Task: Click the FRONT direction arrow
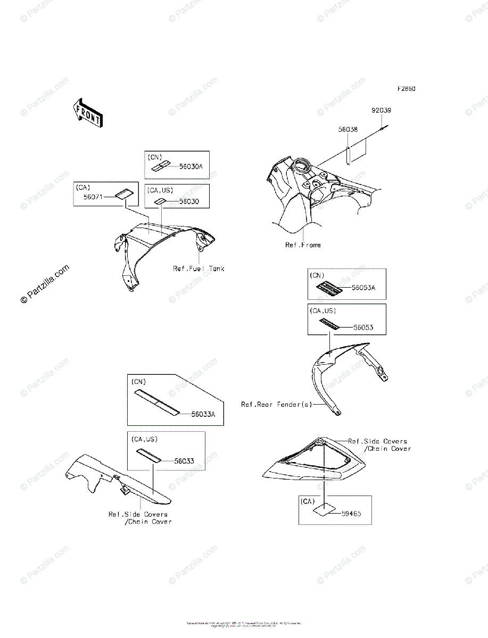coord(88,113)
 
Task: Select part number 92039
coord(381,111)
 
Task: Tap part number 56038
coord(348,129)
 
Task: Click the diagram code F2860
coord(405,88)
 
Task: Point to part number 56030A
coord(191,166)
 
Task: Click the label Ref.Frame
coord(303,245)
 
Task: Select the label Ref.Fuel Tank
coord(198,268)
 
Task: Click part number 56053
coord(363,328)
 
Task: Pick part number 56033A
coord(203,415)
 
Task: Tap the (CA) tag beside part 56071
coord(83,187)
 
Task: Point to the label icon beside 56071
coord(123,195)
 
